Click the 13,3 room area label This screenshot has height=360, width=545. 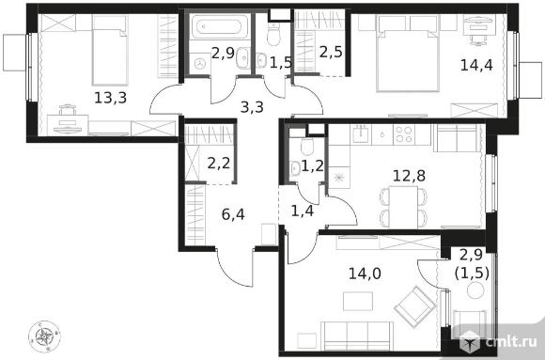pos(111,98)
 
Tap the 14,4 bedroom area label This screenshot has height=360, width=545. pos(476,65)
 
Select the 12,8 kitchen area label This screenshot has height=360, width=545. pos(409,176)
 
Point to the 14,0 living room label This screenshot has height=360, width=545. pos(365,274)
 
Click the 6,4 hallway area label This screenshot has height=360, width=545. pos(233,214)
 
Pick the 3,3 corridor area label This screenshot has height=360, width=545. pos(252,107)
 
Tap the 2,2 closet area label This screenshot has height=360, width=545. pos(219,163)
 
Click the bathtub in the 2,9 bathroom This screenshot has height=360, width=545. pos(216,26)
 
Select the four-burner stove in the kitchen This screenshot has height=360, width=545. pos(404,134)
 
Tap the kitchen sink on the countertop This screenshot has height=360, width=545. pos(361,133)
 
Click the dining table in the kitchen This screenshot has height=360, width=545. pos(403,207)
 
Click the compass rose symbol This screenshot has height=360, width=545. pos(44,336)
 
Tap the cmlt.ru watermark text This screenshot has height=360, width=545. pos(510,342)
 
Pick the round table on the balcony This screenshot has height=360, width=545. pos(475,290)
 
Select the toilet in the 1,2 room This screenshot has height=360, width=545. pos(307,148)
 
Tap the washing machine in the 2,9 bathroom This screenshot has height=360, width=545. pos(199,64)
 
